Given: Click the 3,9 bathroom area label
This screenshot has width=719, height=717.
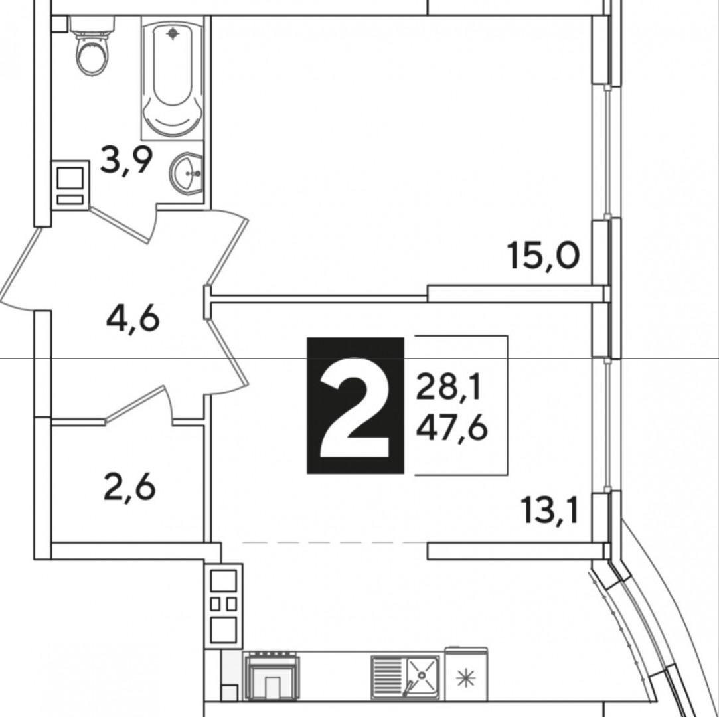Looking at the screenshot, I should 126,160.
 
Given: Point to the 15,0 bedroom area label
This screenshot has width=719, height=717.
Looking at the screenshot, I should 543,255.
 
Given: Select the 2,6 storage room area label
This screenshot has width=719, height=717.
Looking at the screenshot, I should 129,487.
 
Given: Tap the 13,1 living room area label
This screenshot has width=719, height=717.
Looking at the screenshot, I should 550,512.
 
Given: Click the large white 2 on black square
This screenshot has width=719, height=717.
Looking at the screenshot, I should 355,406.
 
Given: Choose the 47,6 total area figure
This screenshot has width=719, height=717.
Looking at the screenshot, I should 451,428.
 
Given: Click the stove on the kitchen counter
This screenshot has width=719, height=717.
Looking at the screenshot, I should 272,676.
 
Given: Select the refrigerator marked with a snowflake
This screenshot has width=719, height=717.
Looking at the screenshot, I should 466,676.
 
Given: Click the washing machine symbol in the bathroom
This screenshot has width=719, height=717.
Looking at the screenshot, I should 70,185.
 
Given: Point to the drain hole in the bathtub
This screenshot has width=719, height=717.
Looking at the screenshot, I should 173,32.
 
